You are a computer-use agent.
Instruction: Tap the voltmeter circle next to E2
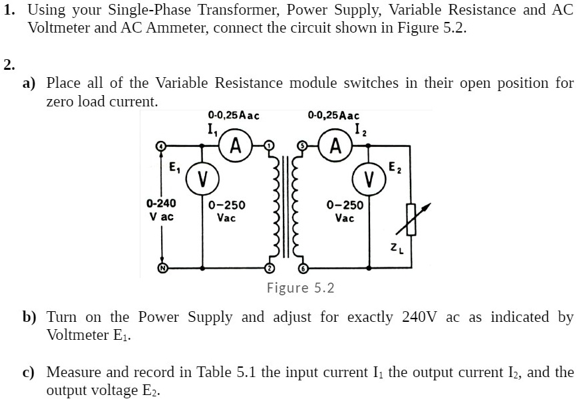pos(369,178)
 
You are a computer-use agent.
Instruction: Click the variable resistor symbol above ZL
pos(412,219)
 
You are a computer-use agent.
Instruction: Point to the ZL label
pos(397,249)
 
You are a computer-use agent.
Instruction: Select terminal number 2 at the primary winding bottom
pos(269,267)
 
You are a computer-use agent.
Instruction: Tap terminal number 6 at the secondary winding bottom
pos(302,267)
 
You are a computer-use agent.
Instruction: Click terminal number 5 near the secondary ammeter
pos(302,145)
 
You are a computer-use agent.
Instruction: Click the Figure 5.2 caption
pos(300,288)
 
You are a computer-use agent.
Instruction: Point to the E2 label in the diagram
pos(395,166)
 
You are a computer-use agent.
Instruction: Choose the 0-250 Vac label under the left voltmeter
pos(226,211)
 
